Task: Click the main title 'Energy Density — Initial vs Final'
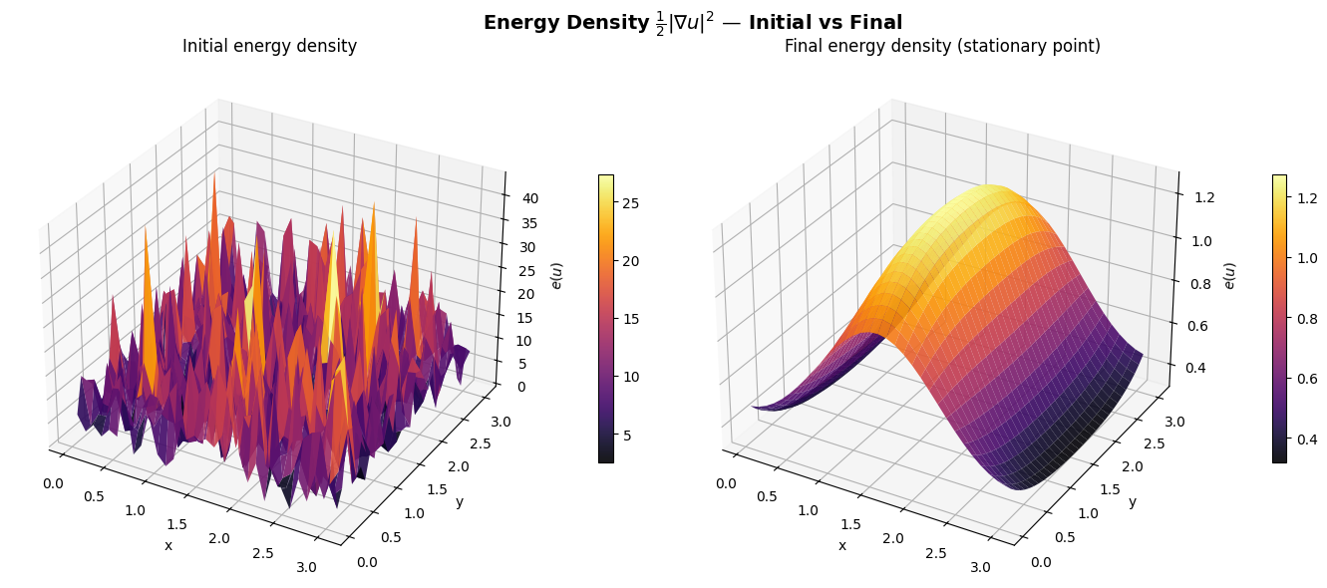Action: click(x=693, y=23)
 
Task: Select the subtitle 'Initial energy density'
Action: click(x=269, y=46)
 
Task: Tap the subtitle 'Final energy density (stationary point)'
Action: click(x=942, y=46)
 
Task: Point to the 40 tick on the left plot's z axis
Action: click(x=530, y=198)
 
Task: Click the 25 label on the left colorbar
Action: click(x=630, y=203)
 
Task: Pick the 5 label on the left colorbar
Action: click(x=627, y=436)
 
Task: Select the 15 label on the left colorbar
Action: click(x=630, y=320)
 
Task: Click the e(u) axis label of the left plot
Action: click(x=556, y=276)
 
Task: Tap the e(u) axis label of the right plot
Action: click(x=1229, y=276)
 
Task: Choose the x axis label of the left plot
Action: click(x=168, y=546)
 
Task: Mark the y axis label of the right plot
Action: click(x=1133, y=502)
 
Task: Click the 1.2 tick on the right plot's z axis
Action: click(x=1203, y=197)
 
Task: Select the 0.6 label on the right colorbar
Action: click(x=1307, y=379)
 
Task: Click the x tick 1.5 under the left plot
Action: click(x=176, y=524)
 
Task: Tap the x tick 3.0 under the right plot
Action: click(x=980, y=567)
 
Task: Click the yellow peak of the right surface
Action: click(x=989, y=192)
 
